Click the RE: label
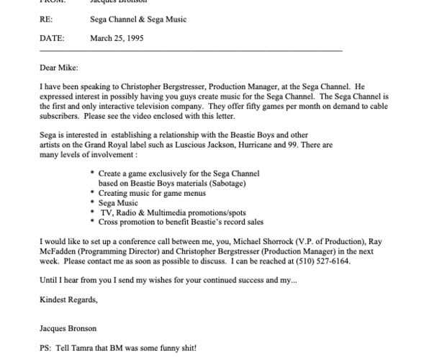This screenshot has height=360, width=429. pyautogui.click(x=46, y=19)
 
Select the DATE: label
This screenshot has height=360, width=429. pyautogui.click(x=51, y=38)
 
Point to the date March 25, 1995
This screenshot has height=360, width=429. pyautogui.click(x=117, y=38)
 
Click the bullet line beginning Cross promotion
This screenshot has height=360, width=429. pyautogui.click(x=181, y=222)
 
